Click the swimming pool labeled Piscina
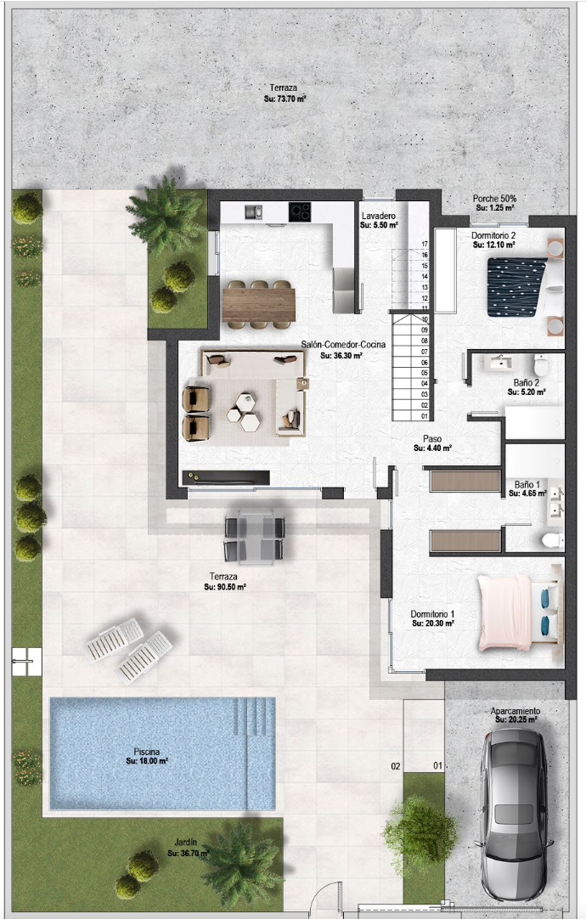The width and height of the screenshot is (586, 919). tap(162, 753)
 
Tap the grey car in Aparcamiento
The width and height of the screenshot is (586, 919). tap(513, 814)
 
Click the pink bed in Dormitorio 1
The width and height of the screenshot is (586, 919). tap(504, 612)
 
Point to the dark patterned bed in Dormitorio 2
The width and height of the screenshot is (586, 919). tap(516, 287)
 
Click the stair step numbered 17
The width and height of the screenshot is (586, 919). tap(411, 245)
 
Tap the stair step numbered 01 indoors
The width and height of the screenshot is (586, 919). tap(411, 416)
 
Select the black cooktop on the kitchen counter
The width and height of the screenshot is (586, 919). tap(300, 211)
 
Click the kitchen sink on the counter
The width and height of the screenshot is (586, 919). tap(253, 211)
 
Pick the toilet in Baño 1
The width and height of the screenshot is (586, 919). tap(552, 540)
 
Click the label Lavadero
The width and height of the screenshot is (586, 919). tap(379, 216)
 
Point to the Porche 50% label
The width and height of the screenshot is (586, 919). tap(494, 199)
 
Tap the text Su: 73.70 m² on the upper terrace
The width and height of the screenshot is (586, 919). tap(285, 99)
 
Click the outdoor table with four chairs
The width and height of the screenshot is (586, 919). tap(254, 536)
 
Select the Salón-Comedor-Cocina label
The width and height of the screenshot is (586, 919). tap(343, 344)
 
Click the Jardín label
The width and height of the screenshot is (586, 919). tap(186, 843)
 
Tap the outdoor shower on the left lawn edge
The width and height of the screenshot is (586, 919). tap(26, 662)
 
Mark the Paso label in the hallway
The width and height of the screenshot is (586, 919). tap(432, 438)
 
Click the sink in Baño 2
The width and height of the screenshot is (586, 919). tap(501, 364)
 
